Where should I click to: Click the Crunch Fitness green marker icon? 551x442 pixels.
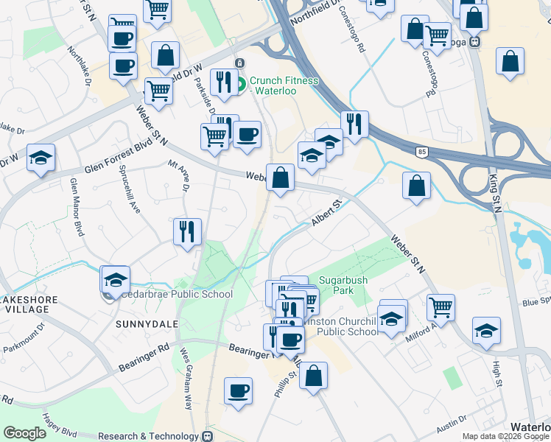click(x=242, y=85)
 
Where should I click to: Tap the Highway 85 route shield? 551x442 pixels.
click(x=421, y=152)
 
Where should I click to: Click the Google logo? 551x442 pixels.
click(x=24, y=432)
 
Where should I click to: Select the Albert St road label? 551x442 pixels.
click(x=328, y=213)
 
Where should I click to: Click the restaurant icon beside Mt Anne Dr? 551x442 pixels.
click(x=187, y=231)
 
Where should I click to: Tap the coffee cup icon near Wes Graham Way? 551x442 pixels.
click(x=238, y=391)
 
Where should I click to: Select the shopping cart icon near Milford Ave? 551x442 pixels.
click(x=441, y=306)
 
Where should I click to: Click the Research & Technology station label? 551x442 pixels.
click(x=150, y=435)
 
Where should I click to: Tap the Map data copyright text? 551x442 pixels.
click(x=505, y=436)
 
